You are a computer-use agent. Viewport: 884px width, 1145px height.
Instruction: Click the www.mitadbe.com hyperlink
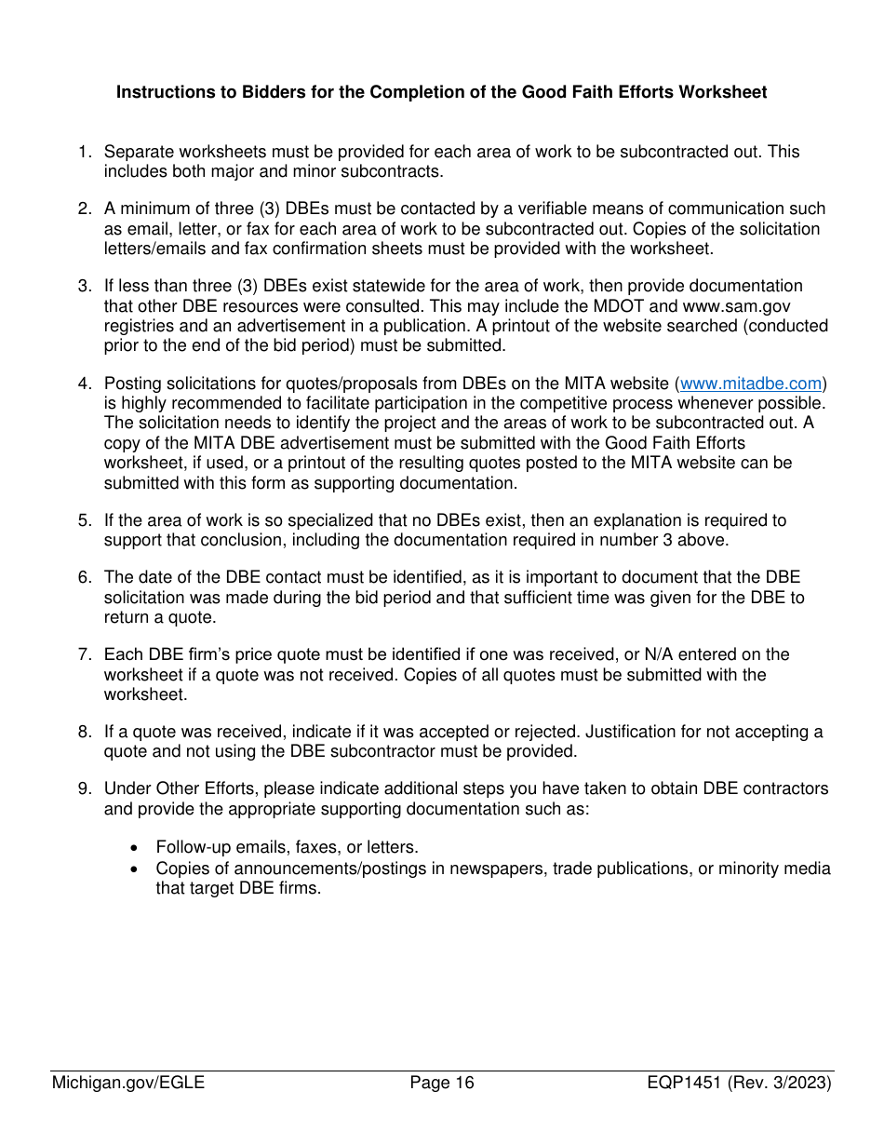[752, 384]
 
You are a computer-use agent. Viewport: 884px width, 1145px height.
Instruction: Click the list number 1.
[85, 152]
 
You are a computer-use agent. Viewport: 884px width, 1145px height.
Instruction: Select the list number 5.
[85, 520]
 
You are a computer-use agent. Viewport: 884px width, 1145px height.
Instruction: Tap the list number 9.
[85, 788]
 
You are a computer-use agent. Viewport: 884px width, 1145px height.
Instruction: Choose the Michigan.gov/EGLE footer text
[128, 1083]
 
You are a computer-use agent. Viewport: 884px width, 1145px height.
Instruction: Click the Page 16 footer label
[442, 1083]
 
